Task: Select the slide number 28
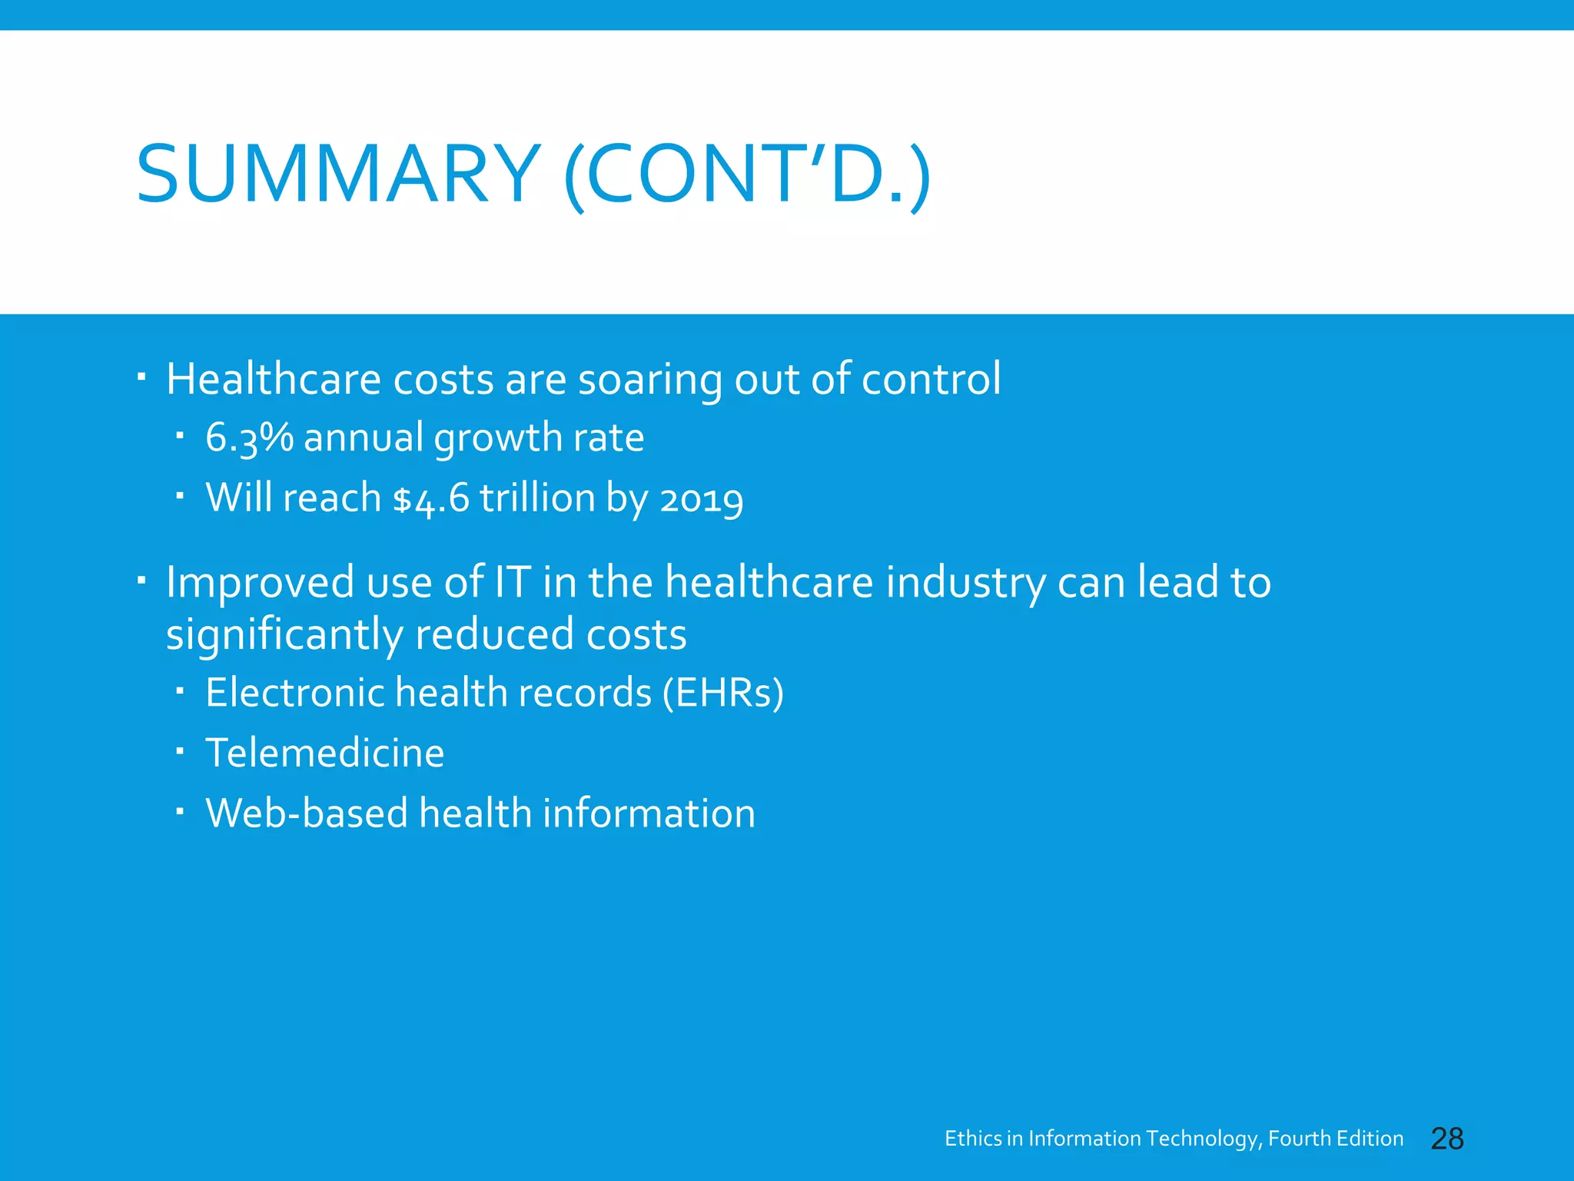click(1447, 1139)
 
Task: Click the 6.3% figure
click(249, 437)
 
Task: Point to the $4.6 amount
click(430, 498)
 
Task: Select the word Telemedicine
click(324, 753)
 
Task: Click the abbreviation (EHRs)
click(723, 693)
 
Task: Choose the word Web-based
click(306, 813)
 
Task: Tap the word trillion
click(537, 498)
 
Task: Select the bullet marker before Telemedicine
click(179, 750)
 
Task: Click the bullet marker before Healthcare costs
click(141, 377)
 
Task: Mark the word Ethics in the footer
click(973, 1139)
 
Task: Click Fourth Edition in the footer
click(1335, 1139)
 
